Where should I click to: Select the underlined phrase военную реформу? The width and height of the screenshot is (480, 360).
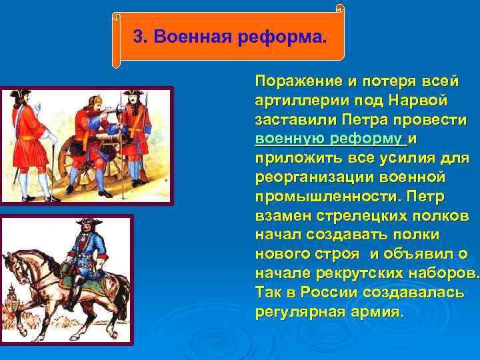click(329, 139)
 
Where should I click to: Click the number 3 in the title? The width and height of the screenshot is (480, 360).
click(138, 36)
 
